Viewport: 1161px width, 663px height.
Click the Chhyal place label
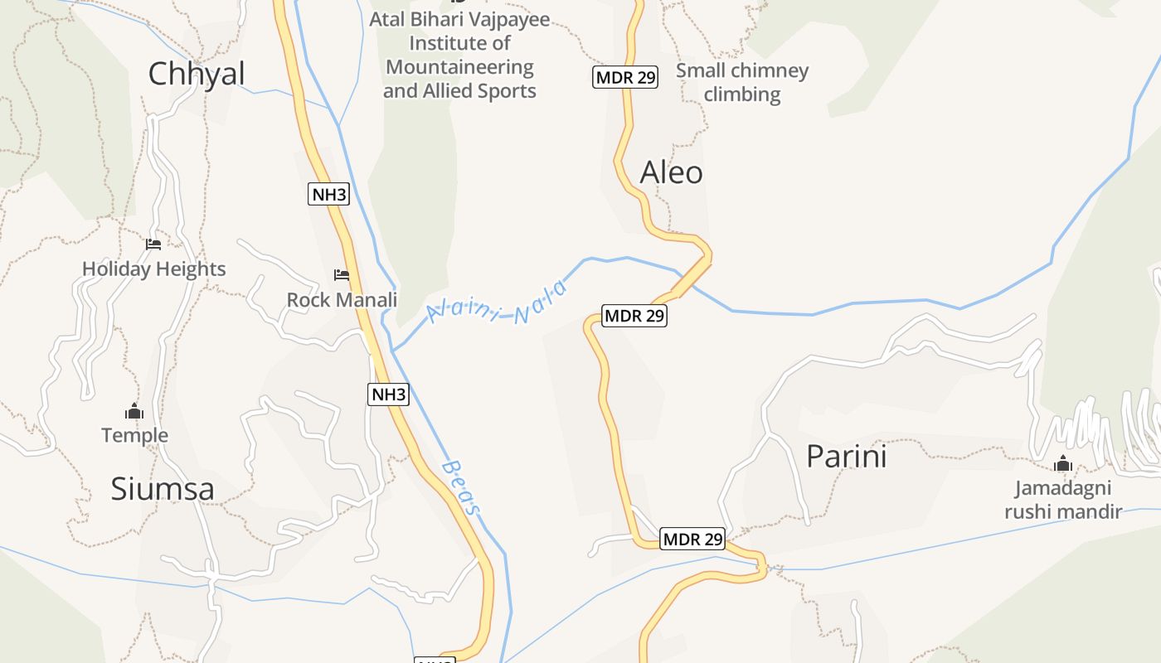[x=197, y=74]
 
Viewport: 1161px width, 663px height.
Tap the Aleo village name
[x=671, y=172]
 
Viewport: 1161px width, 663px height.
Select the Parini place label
[x=846, y=457]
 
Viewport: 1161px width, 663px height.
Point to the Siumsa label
[x=163, y=489]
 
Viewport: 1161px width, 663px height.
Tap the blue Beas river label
[x=461, y=488]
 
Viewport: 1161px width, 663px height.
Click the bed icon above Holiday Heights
[x=153, y=244]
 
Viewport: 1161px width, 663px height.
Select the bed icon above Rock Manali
[x=342, y=275]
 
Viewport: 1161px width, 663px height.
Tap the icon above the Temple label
[x=134, y=411]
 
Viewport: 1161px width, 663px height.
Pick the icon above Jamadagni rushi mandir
[x=1063, y=464]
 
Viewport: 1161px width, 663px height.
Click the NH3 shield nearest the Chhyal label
[x=329, y=195]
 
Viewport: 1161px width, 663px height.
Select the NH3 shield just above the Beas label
[x=388, y=394]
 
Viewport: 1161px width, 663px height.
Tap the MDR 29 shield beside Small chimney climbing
[x=625, y=78]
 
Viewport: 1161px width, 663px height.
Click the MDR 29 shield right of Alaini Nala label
[x=634, y=316]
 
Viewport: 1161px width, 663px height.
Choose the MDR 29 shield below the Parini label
[x=692, y=540]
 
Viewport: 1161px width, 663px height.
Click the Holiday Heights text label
[x=153, y=269]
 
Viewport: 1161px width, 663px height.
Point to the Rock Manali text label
[x=342, y=300]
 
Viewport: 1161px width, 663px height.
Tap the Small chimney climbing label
[x=742, y=82]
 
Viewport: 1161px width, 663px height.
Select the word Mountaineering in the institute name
[x=459, y=67]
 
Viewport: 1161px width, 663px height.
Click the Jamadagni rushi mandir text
[x=1063, y=500]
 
